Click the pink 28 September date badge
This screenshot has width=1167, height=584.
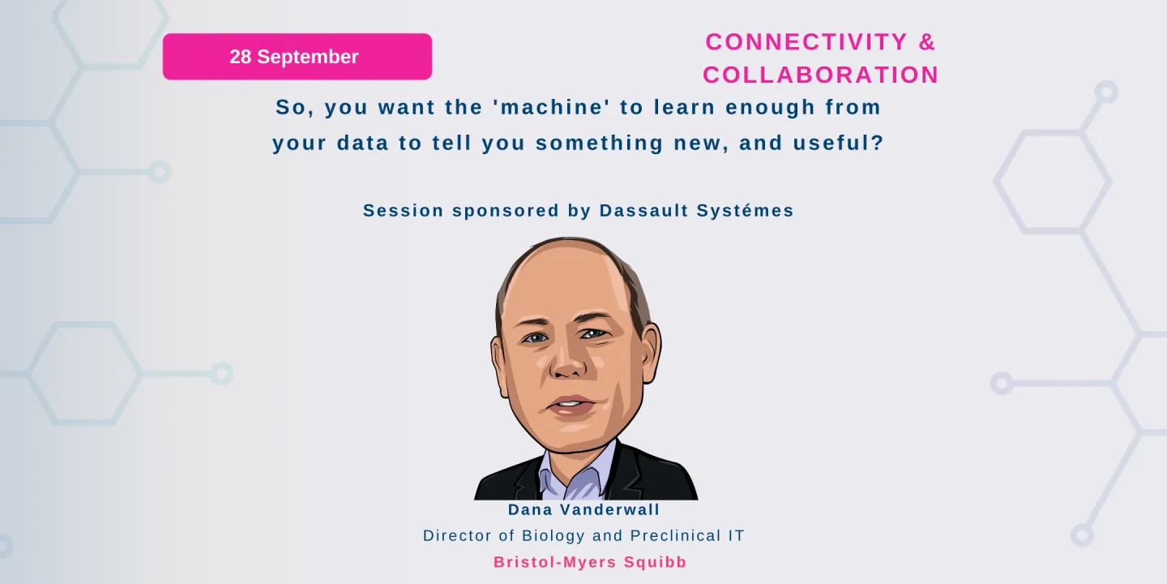pos(297,57)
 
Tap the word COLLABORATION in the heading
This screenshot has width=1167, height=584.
pos(820,75)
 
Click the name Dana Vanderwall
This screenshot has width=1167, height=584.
pos(583,510)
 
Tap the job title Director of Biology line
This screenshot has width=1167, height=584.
pos(583,536)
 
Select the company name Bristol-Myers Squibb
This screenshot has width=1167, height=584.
pos(590,562)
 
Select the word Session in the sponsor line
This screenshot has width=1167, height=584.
pos(403,211)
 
